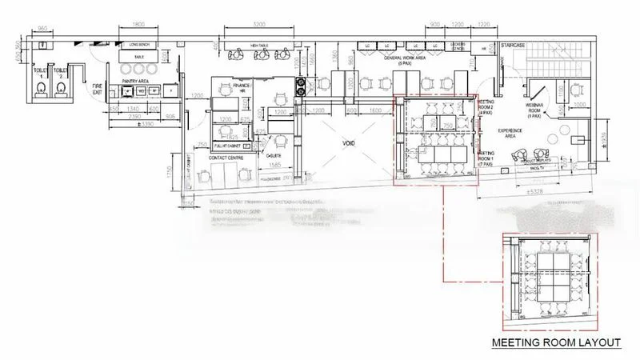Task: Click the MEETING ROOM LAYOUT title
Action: pos(556,343)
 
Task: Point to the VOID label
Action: pos(349,145)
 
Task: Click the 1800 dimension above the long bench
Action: pos(138,24)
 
